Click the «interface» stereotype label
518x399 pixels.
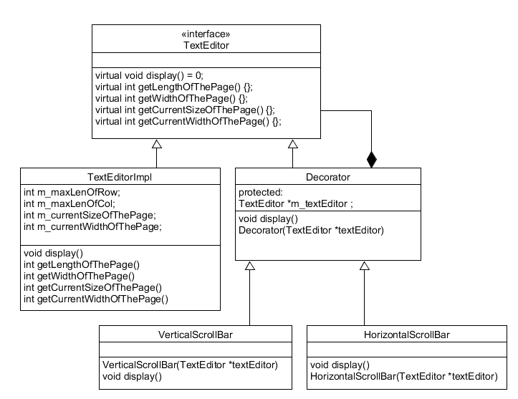click(x=206, y=34)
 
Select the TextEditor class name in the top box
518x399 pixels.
click(x=206, y=45)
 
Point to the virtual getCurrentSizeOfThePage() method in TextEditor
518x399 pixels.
click(x=185, y=110)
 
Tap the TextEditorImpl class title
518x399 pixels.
click(x=120, y=176)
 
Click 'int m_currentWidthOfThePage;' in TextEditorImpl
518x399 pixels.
click(x=92, y=227)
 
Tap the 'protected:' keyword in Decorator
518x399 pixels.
click(x=262, y=192)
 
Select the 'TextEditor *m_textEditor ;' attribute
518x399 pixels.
click(x=295, y=203)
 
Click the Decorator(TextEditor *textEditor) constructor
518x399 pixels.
click(x=311, y=230)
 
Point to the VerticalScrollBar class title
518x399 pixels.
click(x=195, y=334)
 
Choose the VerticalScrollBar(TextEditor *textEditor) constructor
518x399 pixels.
click(x=189, y=364)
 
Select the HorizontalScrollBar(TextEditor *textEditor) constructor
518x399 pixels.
click(x=403, y=375)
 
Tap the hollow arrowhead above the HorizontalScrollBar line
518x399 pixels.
click(x=365, y=266)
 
